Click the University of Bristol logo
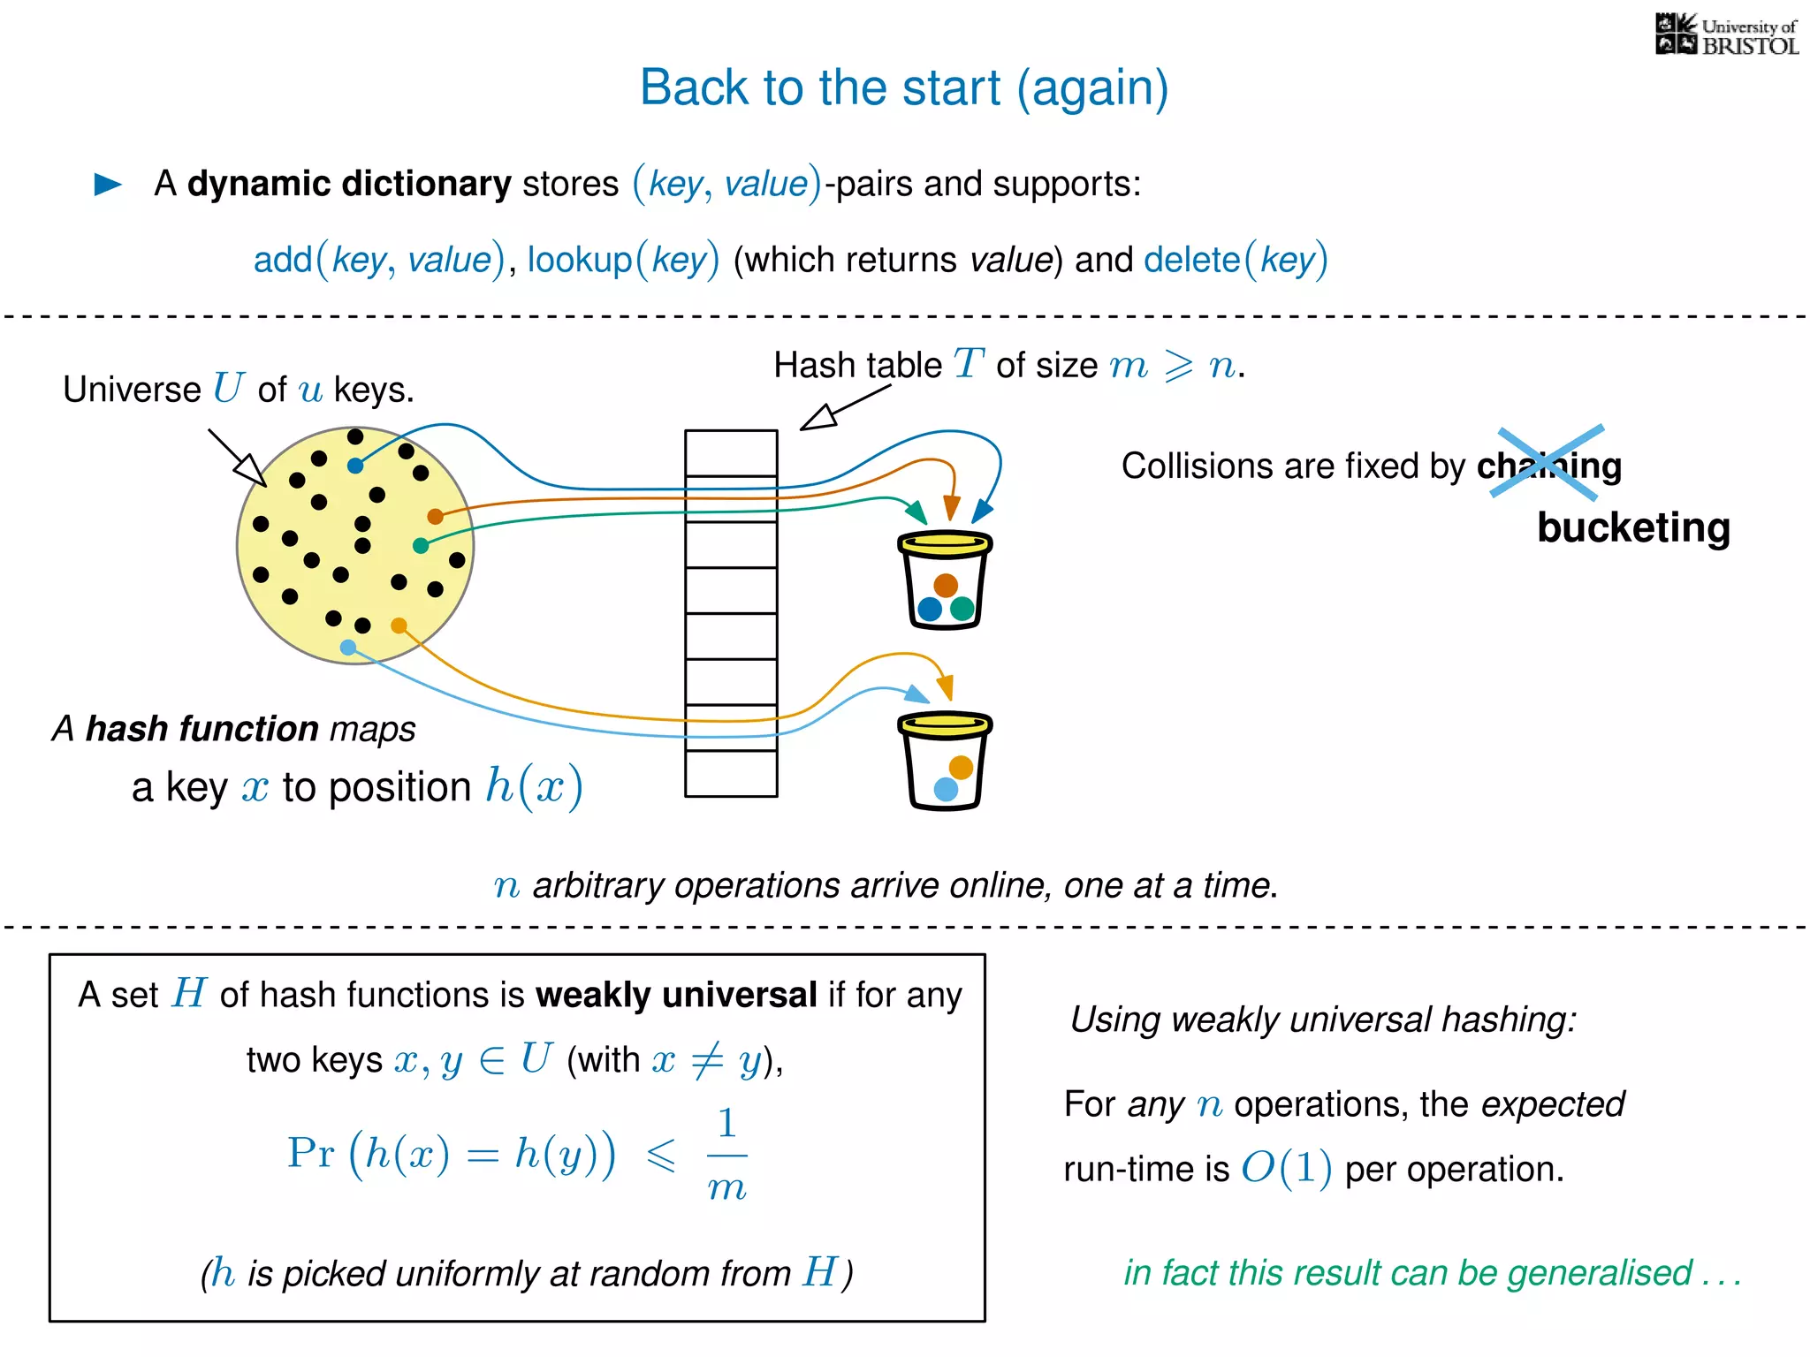click(1726, 34)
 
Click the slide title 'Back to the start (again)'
click(903, 88)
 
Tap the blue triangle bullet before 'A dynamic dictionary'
click(108, 184)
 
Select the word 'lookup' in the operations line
click(580, 260)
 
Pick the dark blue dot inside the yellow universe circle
click(355, 466)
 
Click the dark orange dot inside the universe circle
click(435, 516)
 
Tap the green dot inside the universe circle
click(421, 546)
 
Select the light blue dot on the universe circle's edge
click(348, 648)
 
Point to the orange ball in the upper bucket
click(946, 585)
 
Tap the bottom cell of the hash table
click(731, 774)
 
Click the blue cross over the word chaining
click(1548, 461)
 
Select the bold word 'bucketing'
click(1633, 527)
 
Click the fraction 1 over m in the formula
click(726, 1155)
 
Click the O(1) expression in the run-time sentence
click(1286, 1169)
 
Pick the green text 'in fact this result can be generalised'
click(1432, 1273)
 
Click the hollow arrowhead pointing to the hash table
click(819, 417)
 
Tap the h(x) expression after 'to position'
click(534, 786)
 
